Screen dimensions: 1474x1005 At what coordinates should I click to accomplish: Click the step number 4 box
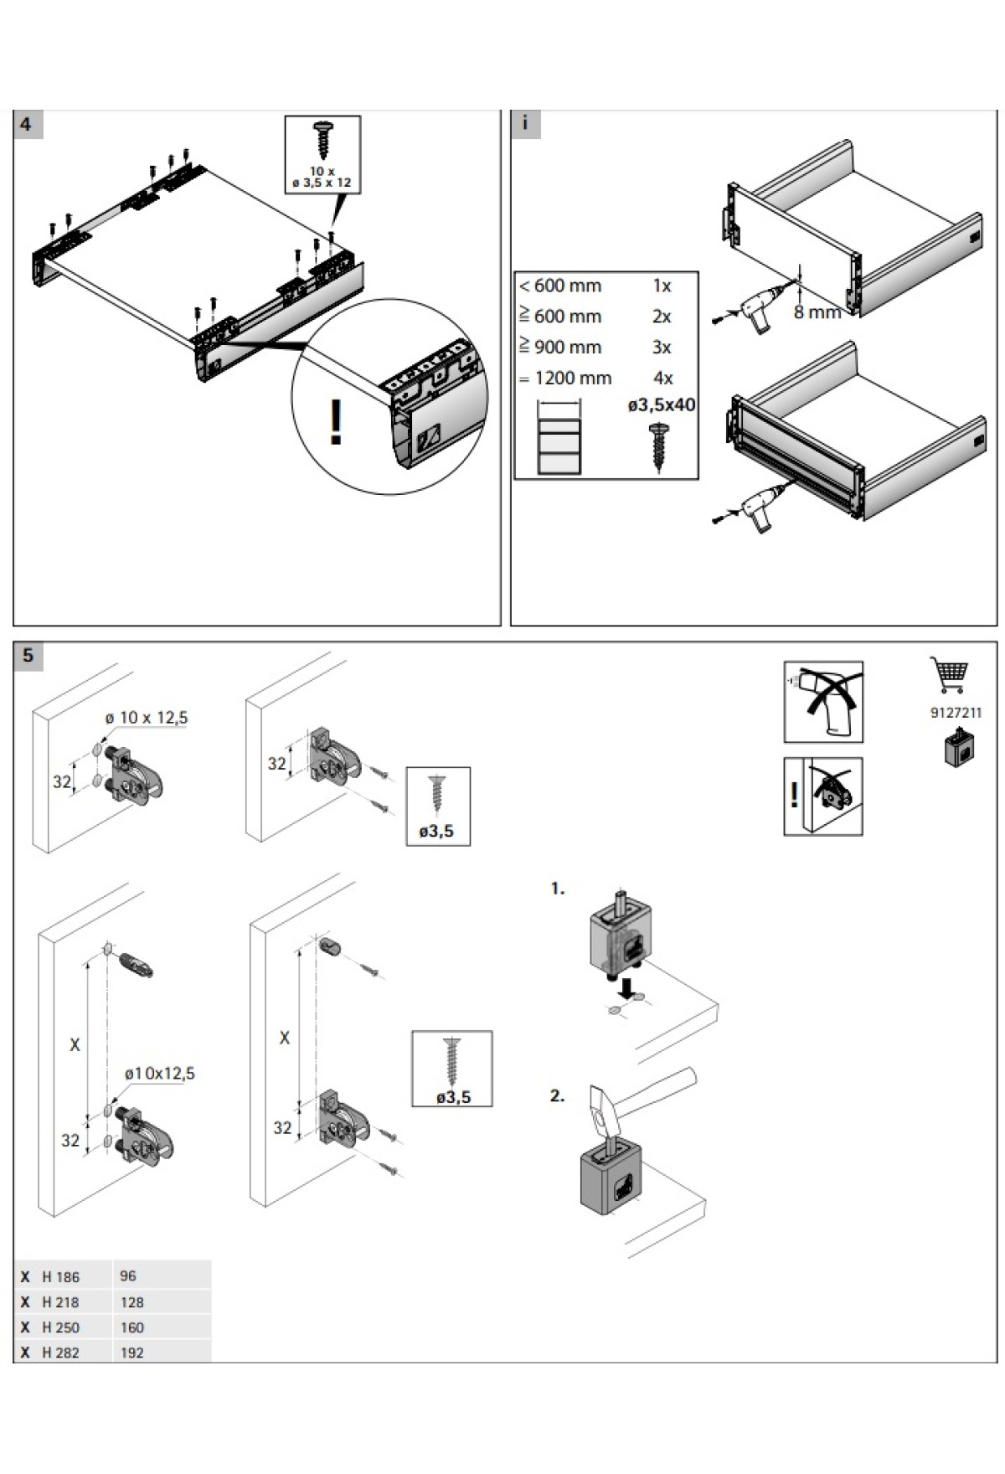pos(26,125)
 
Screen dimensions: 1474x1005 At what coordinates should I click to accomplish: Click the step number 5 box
pos(28,656)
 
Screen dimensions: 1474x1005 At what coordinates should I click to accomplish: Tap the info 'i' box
pos(525,124)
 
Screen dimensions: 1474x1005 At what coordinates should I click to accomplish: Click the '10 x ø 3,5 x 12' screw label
pos(322,177)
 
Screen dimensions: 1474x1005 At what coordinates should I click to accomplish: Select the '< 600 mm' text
pos(560,286)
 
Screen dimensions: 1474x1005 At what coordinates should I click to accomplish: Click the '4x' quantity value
pos(662,379)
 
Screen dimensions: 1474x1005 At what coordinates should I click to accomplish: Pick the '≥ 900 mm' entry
pos(560,348)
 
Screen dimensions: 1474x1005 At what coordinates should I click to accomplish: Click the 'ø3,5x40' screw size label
pos(661,405)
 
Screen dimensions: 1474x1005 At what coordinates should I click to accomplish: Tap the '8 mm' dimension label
pos(817,313)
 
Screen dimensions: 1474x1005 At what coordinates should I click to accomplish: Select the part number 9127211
pos(956,713)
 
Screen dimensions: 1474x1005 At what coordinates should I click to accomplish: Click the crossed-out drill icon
pos(823,702)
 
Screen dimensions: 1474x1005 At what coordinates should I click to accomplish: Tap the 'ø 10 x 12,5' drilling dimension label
pos(147,718)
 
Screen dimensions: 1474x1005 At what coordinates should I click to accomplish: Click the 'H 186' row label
pos(60,1277)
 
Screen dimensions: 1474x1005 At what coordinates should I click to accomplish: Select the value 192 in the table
pos(131,1353)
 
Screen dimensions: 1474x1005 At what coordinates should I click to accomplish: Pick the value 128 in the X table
pos(131,1302)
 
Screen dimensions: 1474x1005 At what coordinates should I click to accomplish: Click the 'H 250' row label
pos(60,1327)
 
